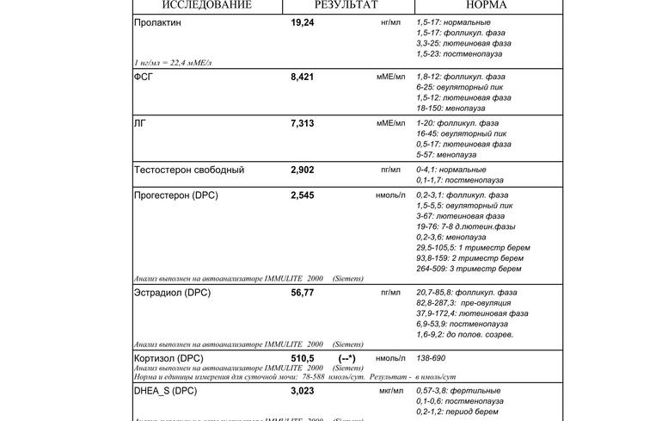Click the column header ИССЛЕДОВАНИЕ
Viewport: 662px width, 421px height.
pyautogui.click(x=206, y=5)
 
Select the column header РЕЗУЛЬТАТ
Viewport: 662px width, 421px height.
pyautogui.click(x=346, y=5)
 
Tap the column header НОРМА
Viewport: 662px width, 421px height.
pyautogui.click(x=486, y=5)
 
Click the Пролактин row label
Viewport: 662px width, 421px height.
pyautogui.click(x=157, y=22)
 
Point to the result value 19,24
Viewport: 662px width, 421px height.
pyautogui.click(x=303, y=22)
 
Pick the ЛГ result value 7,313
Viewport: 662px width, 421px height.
pyautogui.click(x=303, y=123)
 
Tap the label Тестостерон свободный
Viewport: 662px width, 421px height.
pyautogui.click(x=189, y=170)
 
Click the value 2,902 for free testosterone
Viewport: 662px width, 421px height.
pyautogui.click(x=303, y=170)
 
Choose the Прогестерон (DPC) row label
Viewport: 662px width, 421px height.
pyautogui.click(x=176, y=195)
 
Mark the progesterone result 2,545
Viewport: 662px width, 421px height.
pyautogui.click(x=303, y=195)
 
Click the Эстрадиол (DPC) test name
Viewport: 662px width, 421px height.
pyautogui.click(x=172, y=293)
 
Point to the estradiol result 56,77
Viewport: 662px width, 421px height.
pyautogui.click(x=303, y=293)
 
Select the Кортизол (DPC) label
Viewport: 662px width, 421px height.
pyautogui.click(x=169, y=358)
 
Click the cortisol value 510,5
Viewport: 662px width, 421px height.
pyautogui.click(x=303, y=358)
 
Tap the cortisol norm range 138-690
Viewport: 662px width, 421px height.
pyautogui.click(x=431, y=358)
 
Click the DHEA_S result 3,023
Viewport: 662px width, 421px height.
pyautogui.click(x=303, y=391)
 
